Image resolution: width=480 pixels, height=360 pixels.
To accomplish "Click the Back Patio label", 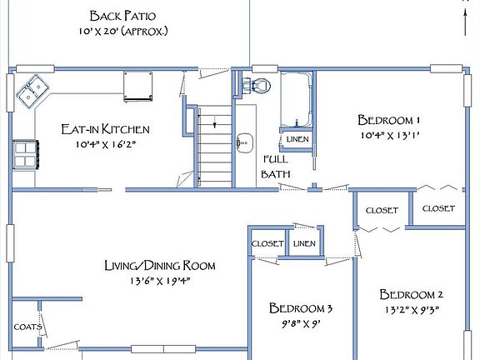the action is tap(122, 16).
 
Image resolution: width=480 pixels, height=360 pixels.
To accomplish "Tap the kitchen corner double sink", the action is tap(32, 91).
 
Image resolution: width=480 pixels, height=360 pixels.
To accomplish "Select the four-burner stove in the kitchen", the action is tap(26, 155).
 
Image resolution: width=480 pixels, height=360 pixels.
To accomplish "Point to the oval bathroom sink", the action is tap(245, 142).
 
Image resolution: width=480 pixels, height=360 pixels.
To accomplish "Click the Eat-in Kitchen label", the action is tap(105, 129).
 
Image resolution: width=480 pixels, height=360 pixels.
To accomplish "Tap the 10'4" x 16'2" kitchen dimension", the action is tap(106, 144).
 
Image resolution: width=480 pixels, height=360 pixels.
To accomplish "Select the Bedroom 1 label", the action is tap(389, 120).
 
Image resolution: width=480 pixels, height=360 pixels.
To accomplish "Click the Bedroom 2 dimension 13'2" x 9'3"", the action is tap(412, 310).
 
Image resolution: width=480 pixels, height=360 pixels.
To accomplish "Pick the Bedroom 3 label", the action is tap(301, 308).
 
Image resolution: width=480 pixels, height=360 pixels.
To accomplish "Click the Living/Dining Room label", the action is tap(160, 265).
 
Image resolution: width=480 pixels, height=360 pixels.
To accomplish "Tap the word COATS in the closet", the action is tap(27, 327).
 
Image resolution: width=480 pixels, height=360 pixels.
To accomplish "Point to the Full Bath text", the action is tap(276, 167).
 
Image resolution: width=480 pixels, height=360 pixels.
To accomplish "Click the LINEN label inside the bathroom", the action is tap(297, 139).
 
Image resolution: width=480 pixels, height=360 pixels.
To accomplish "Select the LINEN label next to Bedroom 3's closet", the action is tap(304, 243).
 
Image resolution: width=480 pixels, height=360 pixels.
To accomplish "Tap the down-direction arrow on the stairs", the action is tap(215, 122).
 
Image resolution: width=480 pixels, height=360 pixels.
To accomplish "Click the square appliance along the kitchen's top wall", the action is tap(137, 86).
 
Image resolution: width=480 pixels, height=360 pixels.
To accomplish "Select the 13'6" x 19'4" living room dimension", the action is tap(160, 281).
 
